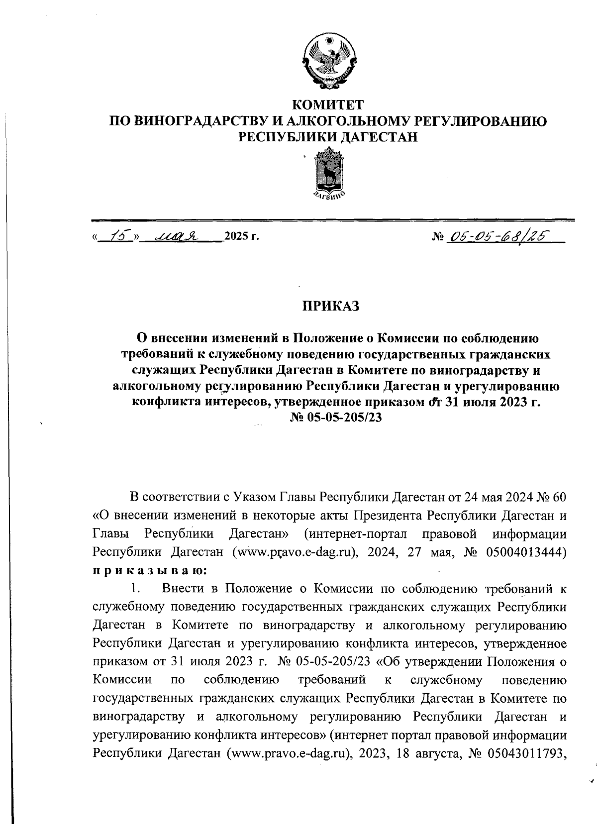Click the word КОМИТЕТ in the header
point(328,105)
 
